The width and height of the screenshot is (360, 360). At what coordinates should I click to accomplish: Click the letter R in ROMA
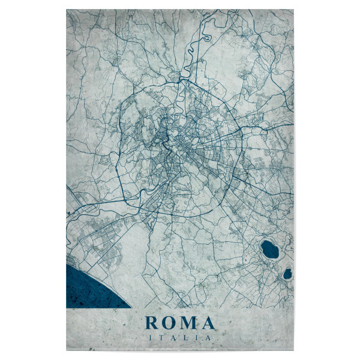click(x=151, y=323)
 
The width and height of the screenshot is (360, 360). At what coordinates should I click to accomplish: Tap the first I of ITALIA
click(x=150, y=338)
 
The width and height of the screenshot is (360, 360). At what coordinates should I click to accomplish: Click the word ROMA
click(x=180, y=323)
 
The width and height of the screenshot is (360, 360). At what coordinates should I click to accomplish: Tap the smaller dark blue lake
click(x=287, y=274)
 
